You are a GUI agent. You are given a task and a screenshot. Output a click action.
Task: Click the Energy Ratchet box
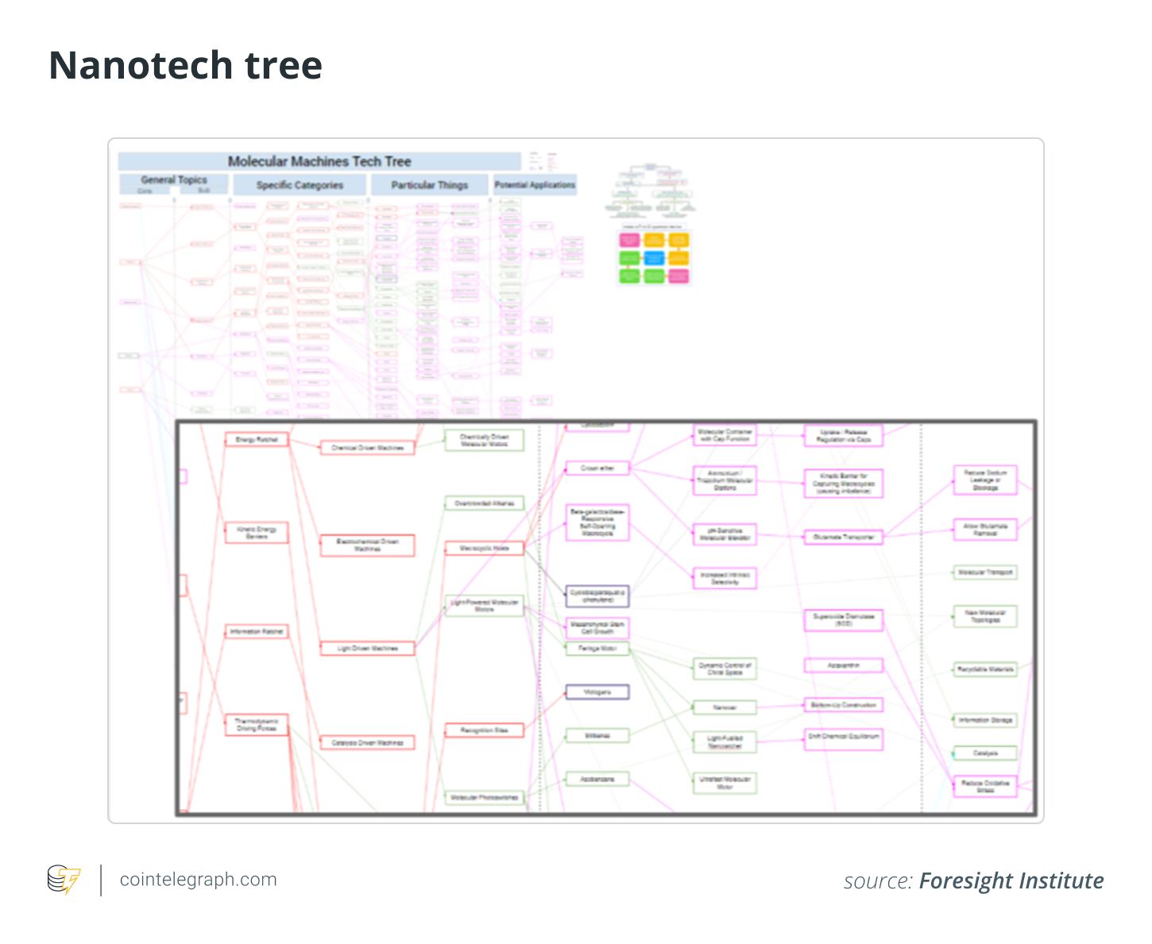click(x=256, y=440)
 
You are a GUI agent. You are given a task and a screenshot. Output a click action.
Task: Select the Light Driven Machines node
click(x=367, y=649)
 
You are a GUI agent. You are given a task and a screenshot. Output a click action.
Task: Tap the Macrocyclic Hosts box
click(x=485, y=548)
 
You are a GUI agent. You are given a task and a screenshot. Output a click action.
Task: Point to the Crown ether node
click(x=597, y=468)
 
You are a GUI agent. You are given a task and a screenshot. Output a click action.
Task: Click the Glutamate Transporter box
click(x=843, y=538)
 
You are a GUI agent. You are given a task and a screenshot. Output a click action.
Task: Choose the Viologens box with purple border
click(x=597, y=692)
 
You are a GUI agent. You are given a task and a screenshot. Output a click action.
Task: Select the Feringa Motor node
click(x=597, y=649)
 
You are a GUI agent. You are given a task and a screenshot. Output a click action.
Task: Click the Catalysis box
click(x=985, y=753)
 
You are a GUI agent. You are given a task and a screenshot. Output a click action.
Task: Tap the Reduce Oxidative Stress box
click(x=985, y=786)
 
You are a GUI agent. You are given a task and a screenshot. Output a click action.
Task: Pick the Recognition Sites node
click(x=485, y=730)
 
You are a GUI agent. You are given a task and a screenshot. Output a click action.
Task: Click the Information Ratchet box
click(x=256, y=632)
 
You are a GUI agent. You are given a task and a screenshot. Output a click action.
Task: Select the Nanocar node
click(x=724, y=707)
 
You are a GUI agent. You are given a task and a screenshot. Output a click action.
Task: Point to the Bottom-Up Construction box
click(x=843, y=705)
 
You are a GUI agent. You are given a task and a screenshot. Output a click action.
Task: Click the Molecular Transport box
click(x=985, y=572)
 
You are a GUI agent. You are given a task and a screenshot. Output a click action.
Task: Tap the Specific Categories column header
click(x=300, y=185)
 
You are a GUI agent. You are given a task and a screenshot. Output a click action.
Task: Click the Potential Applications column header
click(x=535, y=185)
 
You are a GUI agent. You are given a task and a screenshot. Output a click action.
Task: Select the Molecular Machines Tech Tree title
click(x=319, y=162)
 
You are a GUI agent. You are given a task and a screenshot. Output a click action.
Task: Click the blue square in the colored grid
click(x=654, y=258)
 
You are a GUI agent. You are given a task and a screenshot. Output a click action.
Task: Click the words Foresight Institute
click(x=1011, y=881)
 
